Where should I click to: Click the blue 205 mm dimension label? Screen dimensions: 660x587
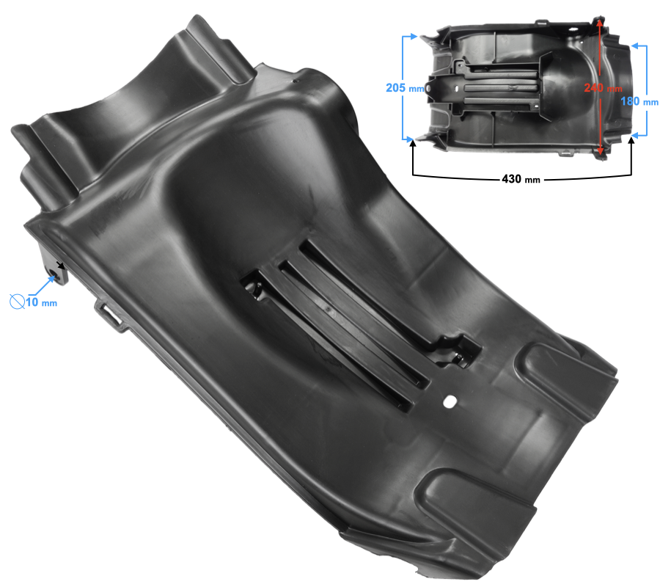pyautogui.click(x=405, y=87)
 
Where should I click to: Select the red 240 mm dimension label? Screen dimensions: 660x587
pyautogui.click(x=603, y=87)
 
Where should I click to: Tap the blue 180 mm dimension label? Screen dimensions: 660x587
pyautogui.click(x=639, y=101)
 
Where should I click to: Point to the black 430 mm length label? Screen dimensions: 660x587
pyautogui.click(x=521, y=179)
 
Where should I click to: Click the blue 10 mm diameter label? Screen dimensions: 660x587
pyautogui.click(x=41, y=302)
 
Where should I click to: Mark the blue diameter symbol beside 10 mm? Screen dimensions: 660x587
pyautogui.click(x=17, y=302)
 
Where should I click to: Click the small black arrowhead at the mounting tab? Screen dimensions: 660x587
pyautogui.click(x=62, y=266)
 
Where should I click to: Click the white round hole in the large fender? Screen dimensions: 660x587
pyautogui.click(x=450, y=401)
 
